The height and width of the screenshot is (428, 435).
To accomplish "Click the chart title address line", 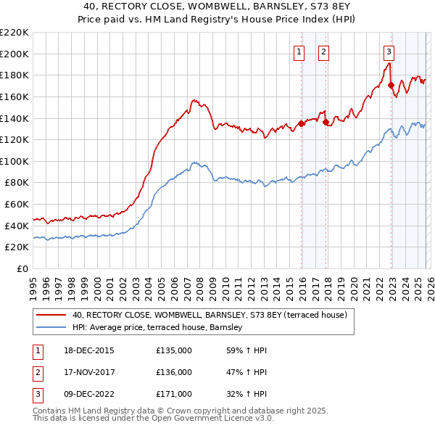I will coord(217,6).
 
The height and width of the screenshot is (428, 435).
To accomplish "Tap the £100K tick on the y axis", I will coord(14,161).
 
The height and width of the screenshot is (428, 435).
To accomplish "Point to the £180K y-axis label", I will coord(14,75).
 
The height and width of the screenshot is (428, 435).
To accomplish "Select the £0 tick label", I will coord(22,268).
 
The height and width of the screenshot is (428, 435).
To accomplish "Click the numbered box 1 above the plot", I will coord(299,52).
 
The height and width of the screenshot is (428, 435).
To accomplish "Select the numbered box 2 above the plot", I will coord(323,52).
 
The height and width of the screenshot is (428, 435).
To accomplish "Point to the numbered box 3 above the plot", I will coord(389,52).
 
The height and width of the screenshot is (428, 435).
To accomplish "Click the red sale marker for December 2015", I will coord(301,123).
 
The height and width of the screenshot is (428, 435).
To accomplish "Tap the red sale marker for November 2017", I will coord(326,122).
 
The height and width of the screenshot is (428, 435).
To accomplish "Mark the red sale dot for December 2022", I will coord(391,84).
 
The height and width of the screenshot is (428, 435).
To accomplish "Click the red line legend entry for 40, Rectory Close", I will coord(210,316).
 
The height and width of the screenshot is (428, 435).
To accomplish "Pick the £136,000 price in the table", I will coord(174,372).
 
